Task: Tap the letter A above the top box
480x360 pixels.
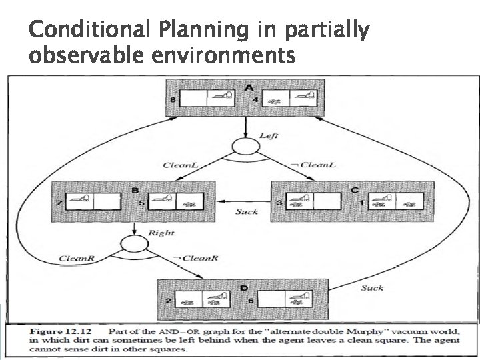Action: (x=249, y=87)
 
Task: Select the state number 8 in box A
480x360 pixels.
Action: (x=174, y=100)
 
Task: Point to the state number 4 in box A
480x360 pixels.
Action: (x=256, y=100)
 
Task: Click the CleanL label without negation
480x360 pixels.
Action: (x=178, y=165)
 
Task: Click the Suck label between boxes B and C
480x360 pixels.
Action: (x=246, y=212)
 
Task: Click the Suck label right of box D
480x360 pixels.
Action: (x=372, y=288)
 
